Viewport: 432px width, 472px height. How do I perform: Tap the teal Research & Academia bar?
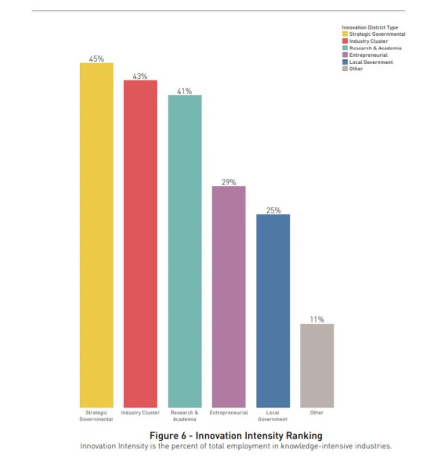pyautogui.click(x=185, y=251)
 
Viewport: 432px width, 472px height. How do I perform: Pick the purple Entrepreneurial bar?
pyautogui.click(x=229, y=297)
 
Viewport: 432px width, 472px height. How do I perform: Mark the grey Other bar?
pyautogui.click(x=317, y=365)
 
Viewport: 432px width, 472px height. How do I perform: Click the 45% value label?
pyautogui.click(x=97, y=59)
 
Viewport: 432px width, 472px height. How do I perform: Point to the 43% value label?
pyautogui.click(x=140, y=77)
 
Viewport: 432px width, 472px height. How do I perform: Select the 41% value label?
pyautogui.click(x=185, y=91)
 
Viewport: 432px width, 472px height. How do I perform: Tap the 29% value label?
pyautogui.click(x=229, y=182)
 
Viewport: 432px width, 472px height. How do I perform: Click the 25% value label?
pyautogui.click(x=273, y=210)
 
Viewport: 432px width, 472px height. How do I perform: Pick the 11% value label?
pyautogui.click(x=317, y=319)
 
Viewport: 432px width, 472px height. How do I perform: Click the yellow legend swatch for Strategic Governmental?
pyautogui.click(x=345, y=34)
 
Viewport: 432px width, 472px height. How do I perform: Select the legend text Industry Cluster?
pyautogui.click(x=369, y=41)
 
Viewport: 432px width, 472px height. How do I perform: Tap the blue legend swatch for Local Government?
pyautogui.click(x=345, y=62)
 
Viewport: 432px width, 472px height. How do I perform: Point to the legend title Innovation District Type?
pyautogui.click(x=370, y=27)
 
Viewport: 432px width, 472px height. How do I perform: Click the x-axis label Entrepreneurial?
pyautogui.click(x=229, y=413)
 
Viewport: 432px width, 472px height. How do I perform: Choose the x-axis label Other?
pyautogui.click(x=317, y=413)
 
